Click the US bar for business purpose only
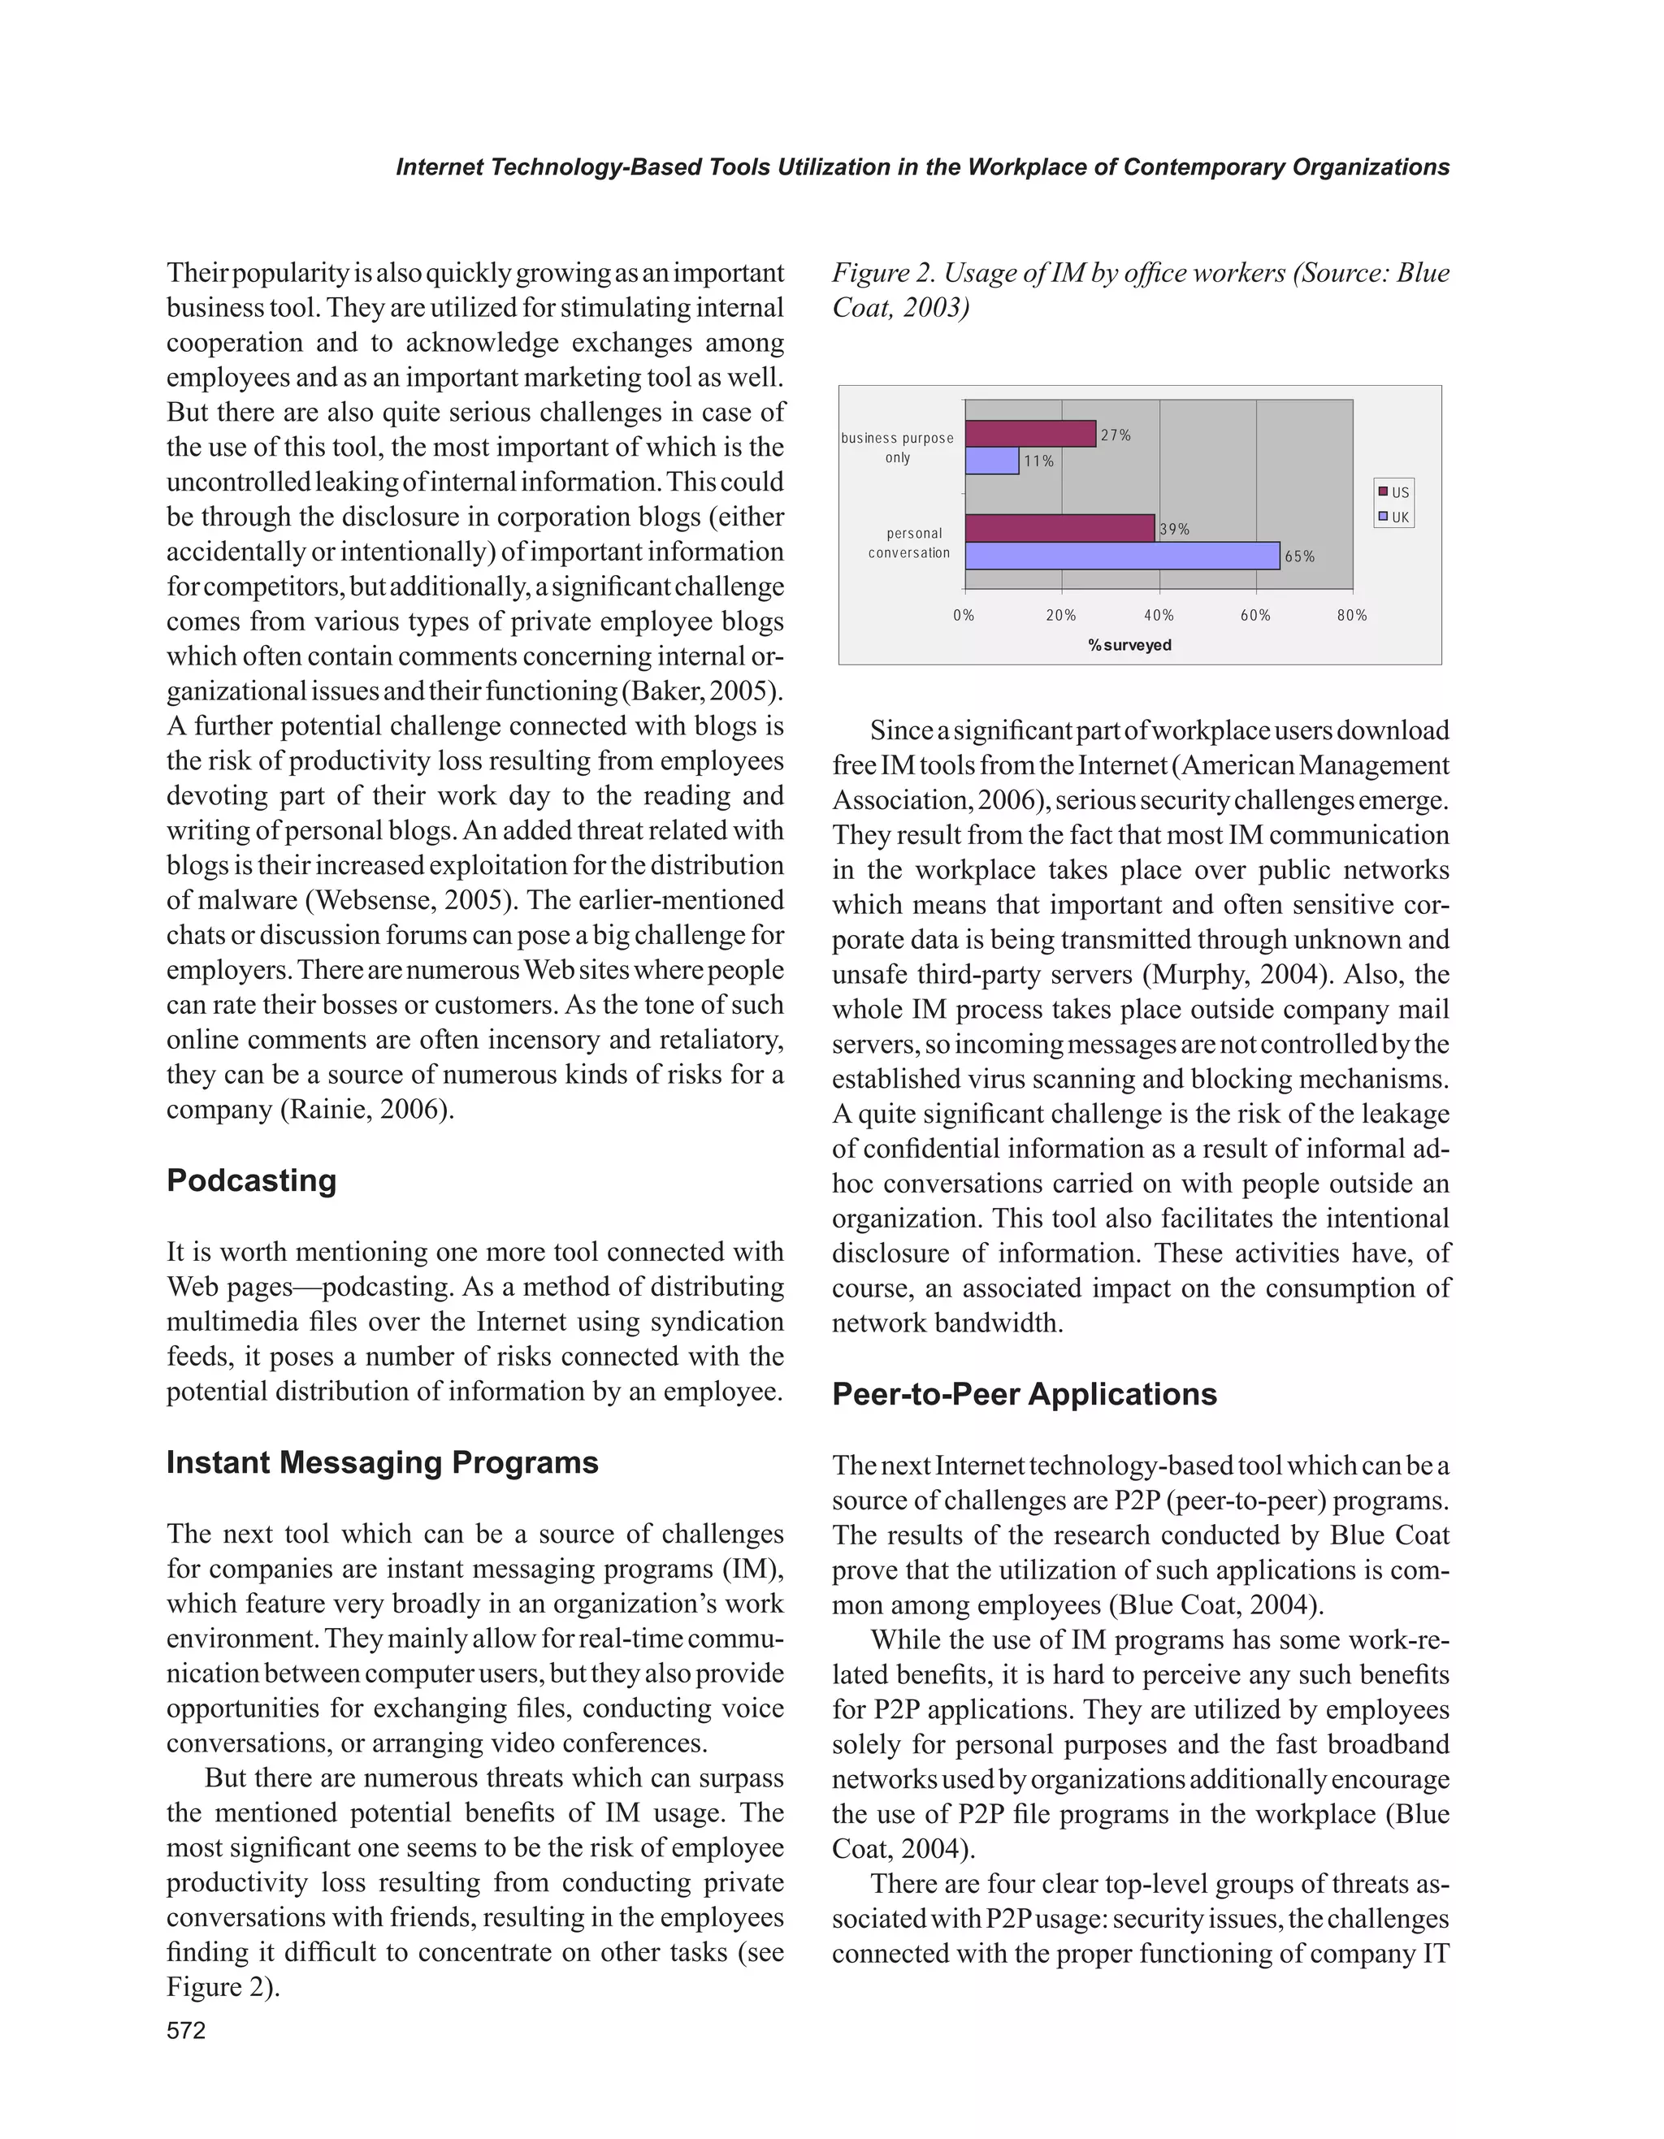click(x=1029, y=434)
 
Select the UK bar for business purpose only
click(x=991, y=461)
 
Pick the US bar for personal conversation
click(x=1059, y=528)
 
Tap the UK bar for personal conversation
click(x=1121, y=556)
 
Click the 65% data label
click(x=1300, y=556)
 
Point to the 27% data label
click(x=1116, y=435)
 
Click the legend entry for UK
click(x=1395, y=517)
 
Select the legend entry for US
click(x=1395, y=491)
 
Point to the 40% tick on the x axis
click(x=1159, y=615)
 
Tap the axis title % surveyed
click(x=1129, y=645)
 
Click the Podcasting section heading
click(x=251, y=1180)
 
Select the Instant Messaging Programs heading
click(x=382, y=1462)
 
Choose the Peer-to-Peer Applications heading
click(x=1024, y=1394)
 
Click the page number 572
click(x=186, y=2030)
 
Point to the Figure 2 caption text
click(x=1139, y=290)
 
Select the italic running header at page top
click(x=921, y=167)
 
